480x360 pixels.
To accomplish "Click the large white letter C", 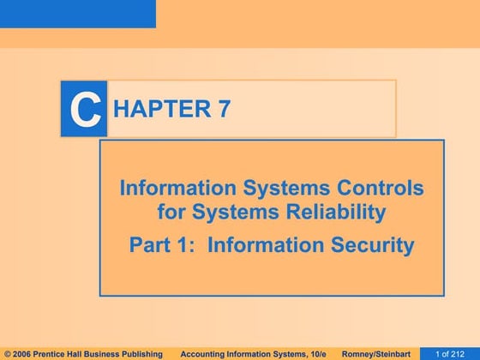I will pos(83,110).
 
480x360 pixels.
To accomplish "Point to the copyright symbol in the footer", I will pos(8,353).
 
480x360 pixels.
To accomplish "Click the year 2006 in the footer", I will pos(24,353).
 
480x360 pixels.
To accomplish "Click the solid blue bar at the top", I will pos(77,14).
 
